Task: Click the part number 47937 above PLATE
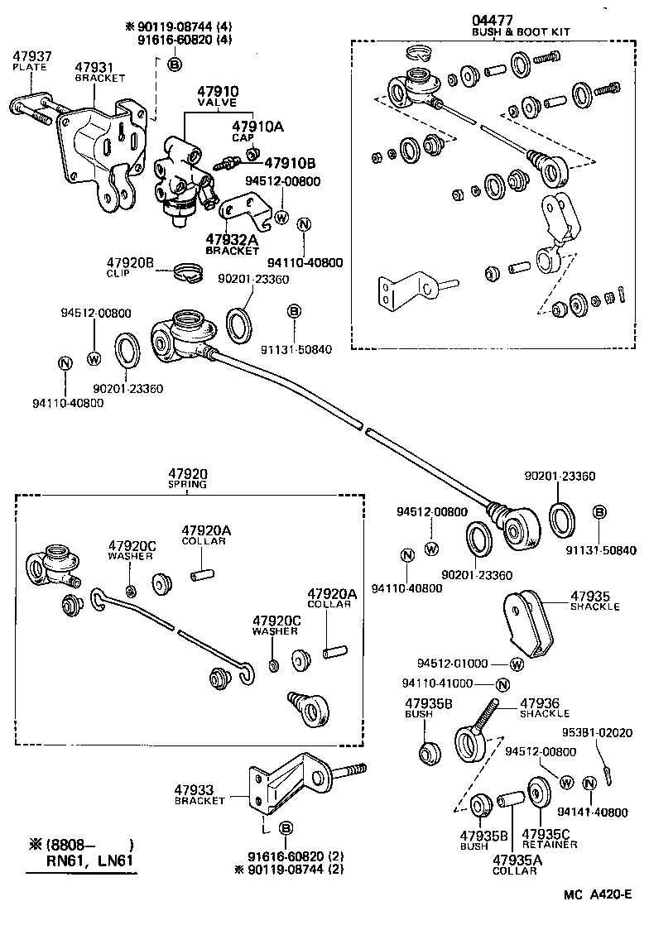[x=31, y=56]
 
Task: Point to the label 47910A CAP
[x=257, y=132]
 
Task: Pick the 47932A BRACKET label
[x=232, y=245]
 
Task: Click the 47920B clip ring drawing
[x=191, y=272]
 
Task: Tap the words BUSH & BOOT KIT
[x=521, y=32]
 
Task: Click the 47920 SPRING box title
[x=188, y=478]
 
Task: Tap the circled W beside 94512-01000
[x=517, y=664]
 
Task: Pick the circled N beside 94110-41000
[x=502, y=684]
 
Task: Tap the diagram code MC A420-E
[x=599, y=894]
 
